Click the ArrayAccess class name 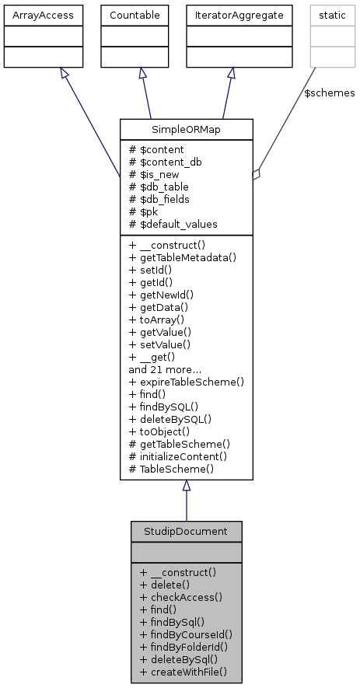click(x=31, y=14)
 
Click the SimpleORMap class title click(x=186, y=129)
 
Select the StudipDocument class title click(x=186, y=532)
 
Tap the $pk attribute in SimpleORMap click(x=145, y=211)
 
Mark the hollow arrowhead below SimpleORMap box click(x=186, y=486)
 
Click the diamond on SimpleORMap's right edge click(x=256, y=175)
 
